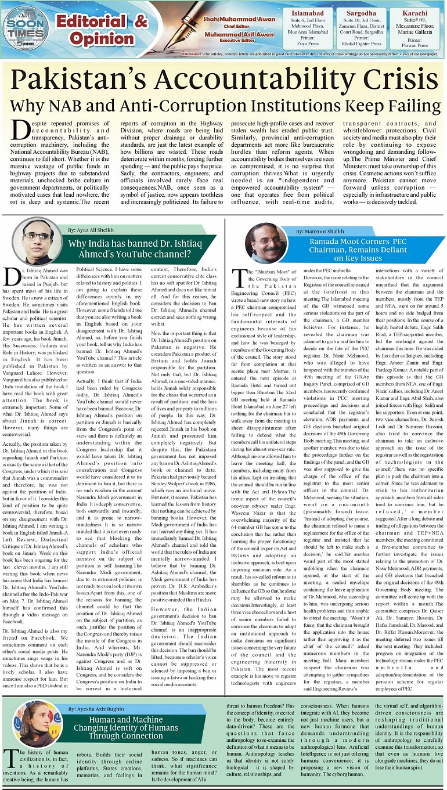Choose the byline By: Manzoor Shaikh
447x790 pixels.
319,231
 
